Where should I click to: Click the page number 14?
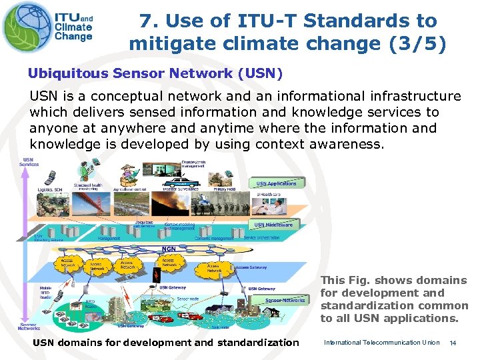point(453,343)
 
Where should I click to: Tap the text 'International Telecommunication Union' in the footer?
point(381,343)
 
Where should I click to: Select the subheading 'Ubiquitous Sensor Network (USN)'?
point(155,73)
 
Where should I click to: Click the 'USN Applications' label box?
point(277,183)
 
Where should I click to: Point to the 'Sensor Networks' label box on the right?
point(285,300)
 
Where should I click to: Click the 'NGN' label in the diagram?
point(169,249)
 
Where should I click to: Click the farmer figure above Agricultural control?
point(127,175)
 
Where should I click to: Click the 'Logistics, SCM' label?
point(49,189)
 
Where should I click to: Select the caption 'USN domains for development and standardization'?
point(166,343)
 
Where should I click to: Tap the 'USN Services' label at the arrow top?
point(31,162)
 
